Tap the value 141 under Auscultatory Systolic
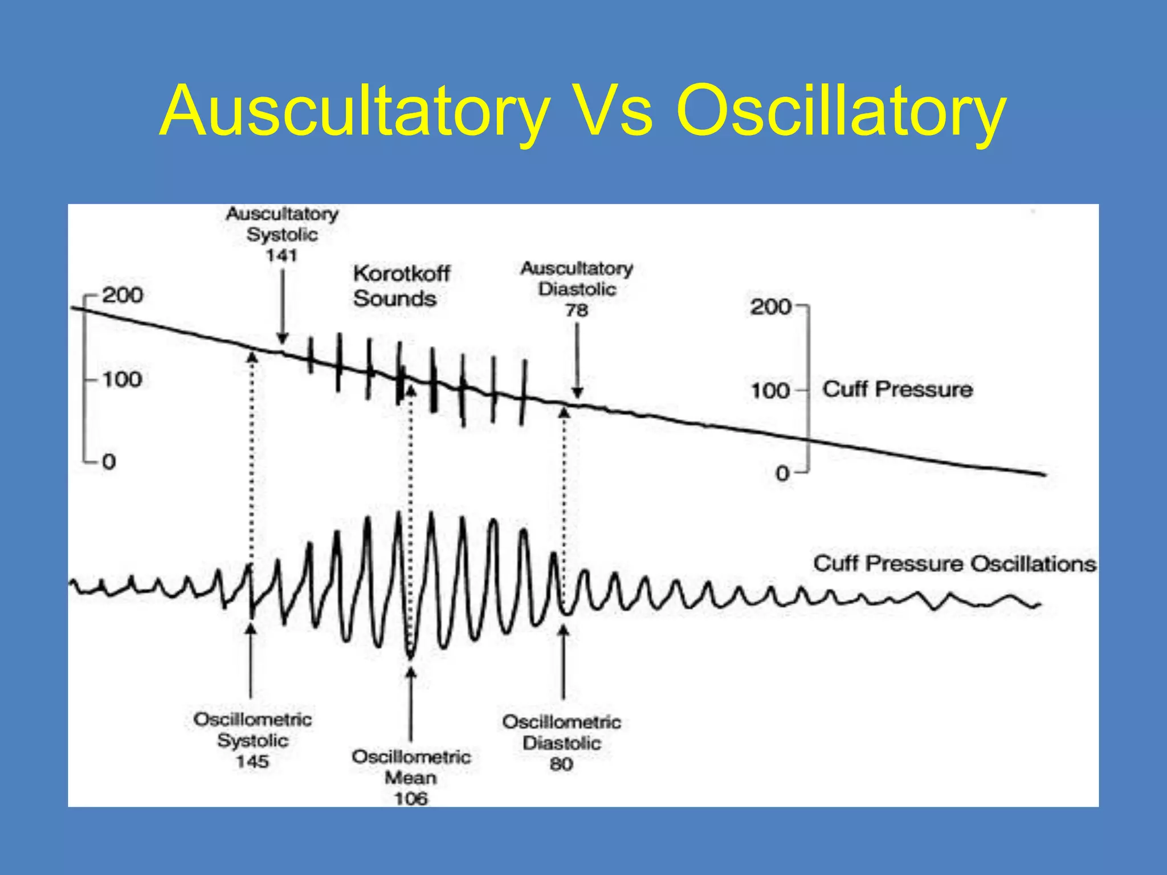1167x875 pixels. pos(281,255)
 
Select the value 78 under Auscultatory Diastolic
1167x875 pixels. pos(577,310)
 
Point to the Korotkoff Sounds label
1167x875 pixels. pos(401,286)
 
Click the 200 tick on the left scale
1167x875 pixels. pos(122,295)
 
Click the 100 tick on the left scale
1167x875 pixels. pos(122,379)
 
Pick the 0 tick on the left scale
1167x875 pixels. pos(109,461)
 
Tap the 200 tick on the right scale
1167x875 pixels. pos(770,307)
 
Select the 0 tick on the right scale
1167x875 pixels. pos(783,473)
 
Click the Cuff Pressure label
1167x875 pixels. pos(897,390)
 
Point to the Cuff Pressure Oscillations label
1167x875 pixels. pos(954,564)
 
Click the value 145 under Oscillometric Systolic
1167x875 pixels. pos(252,762)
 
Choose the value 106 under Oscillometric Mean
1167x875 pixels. pos(411,799)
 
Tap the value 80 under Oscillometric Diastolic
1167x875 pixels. pos(561,764)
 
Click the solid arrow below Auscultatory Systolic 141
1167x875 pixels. pos(282,308)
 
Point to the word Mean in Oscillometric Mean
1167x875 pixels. pos(411,778)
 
